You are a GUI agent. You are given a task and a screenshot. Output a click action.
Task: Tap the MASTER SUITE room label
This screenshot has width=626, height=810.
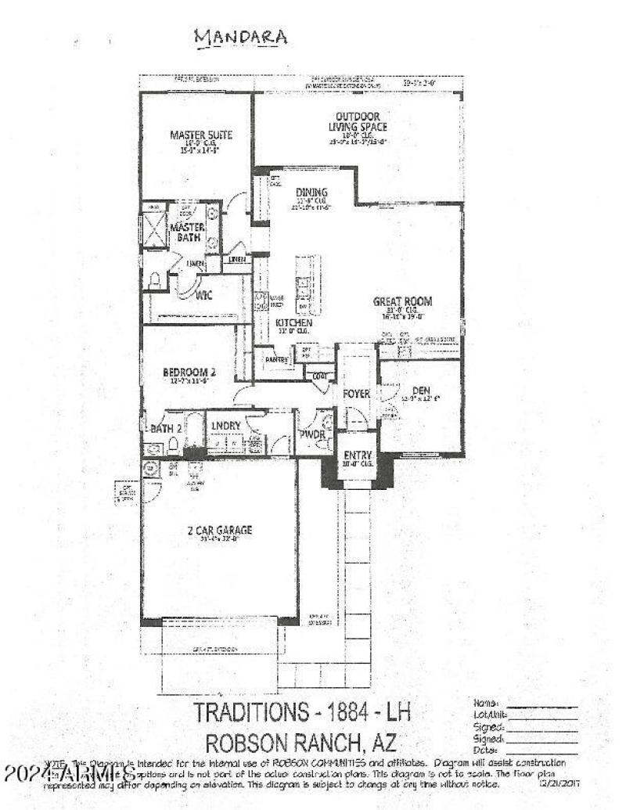coord(201,135)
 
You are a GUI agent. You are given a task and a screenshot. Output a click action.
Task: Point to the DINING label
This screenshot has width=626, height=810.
coord(311,193)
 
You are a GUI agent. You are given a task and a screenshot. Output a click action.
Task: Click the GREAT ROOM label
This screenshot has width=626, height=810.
coord(402,301)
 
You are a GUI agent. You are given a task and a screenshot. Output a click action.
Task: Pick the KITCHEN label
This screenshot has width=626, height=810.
coord(293,322)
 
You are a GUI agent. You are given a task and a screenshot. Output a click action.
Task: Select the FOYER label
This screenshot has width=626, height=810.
coord(356,394)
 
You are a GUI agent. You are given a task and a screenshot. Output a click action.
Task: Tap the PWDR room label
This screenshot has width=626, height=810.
coord(312,434)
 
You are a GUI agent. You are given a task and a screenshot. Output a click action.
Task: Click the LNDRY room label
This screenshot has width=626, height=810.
coord(225,425)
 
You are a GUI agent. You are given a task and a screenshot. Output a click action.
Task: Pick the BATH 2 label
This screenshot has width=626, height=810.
coord(167,428)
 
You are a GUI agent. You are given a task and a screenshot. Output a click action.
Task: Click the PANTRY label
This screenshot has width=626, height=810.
coord(278,360)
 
